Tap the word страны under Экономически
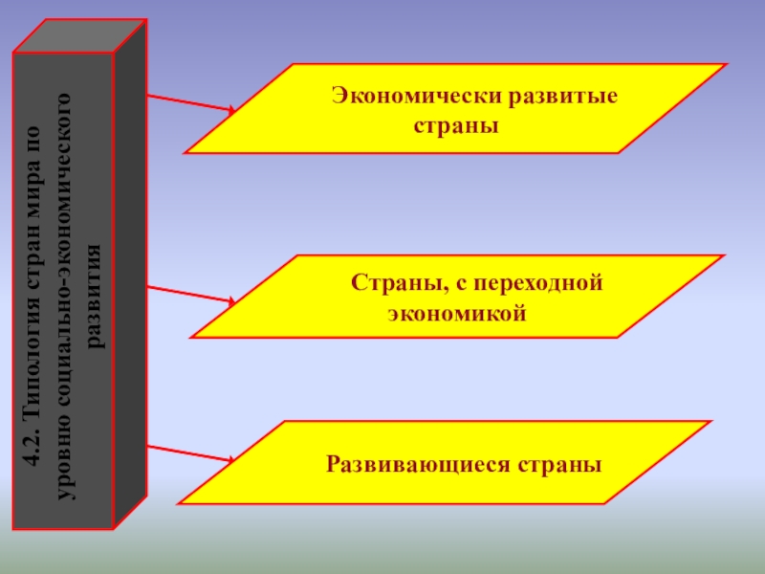(456, 125)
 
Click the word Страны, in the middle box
(387, 283)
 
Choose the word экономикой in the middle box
(457, 313)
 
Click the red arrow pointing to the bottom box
(191, 453)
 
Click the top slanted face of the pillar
(80, 36)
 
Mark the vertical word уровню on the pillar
(63, 459)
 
